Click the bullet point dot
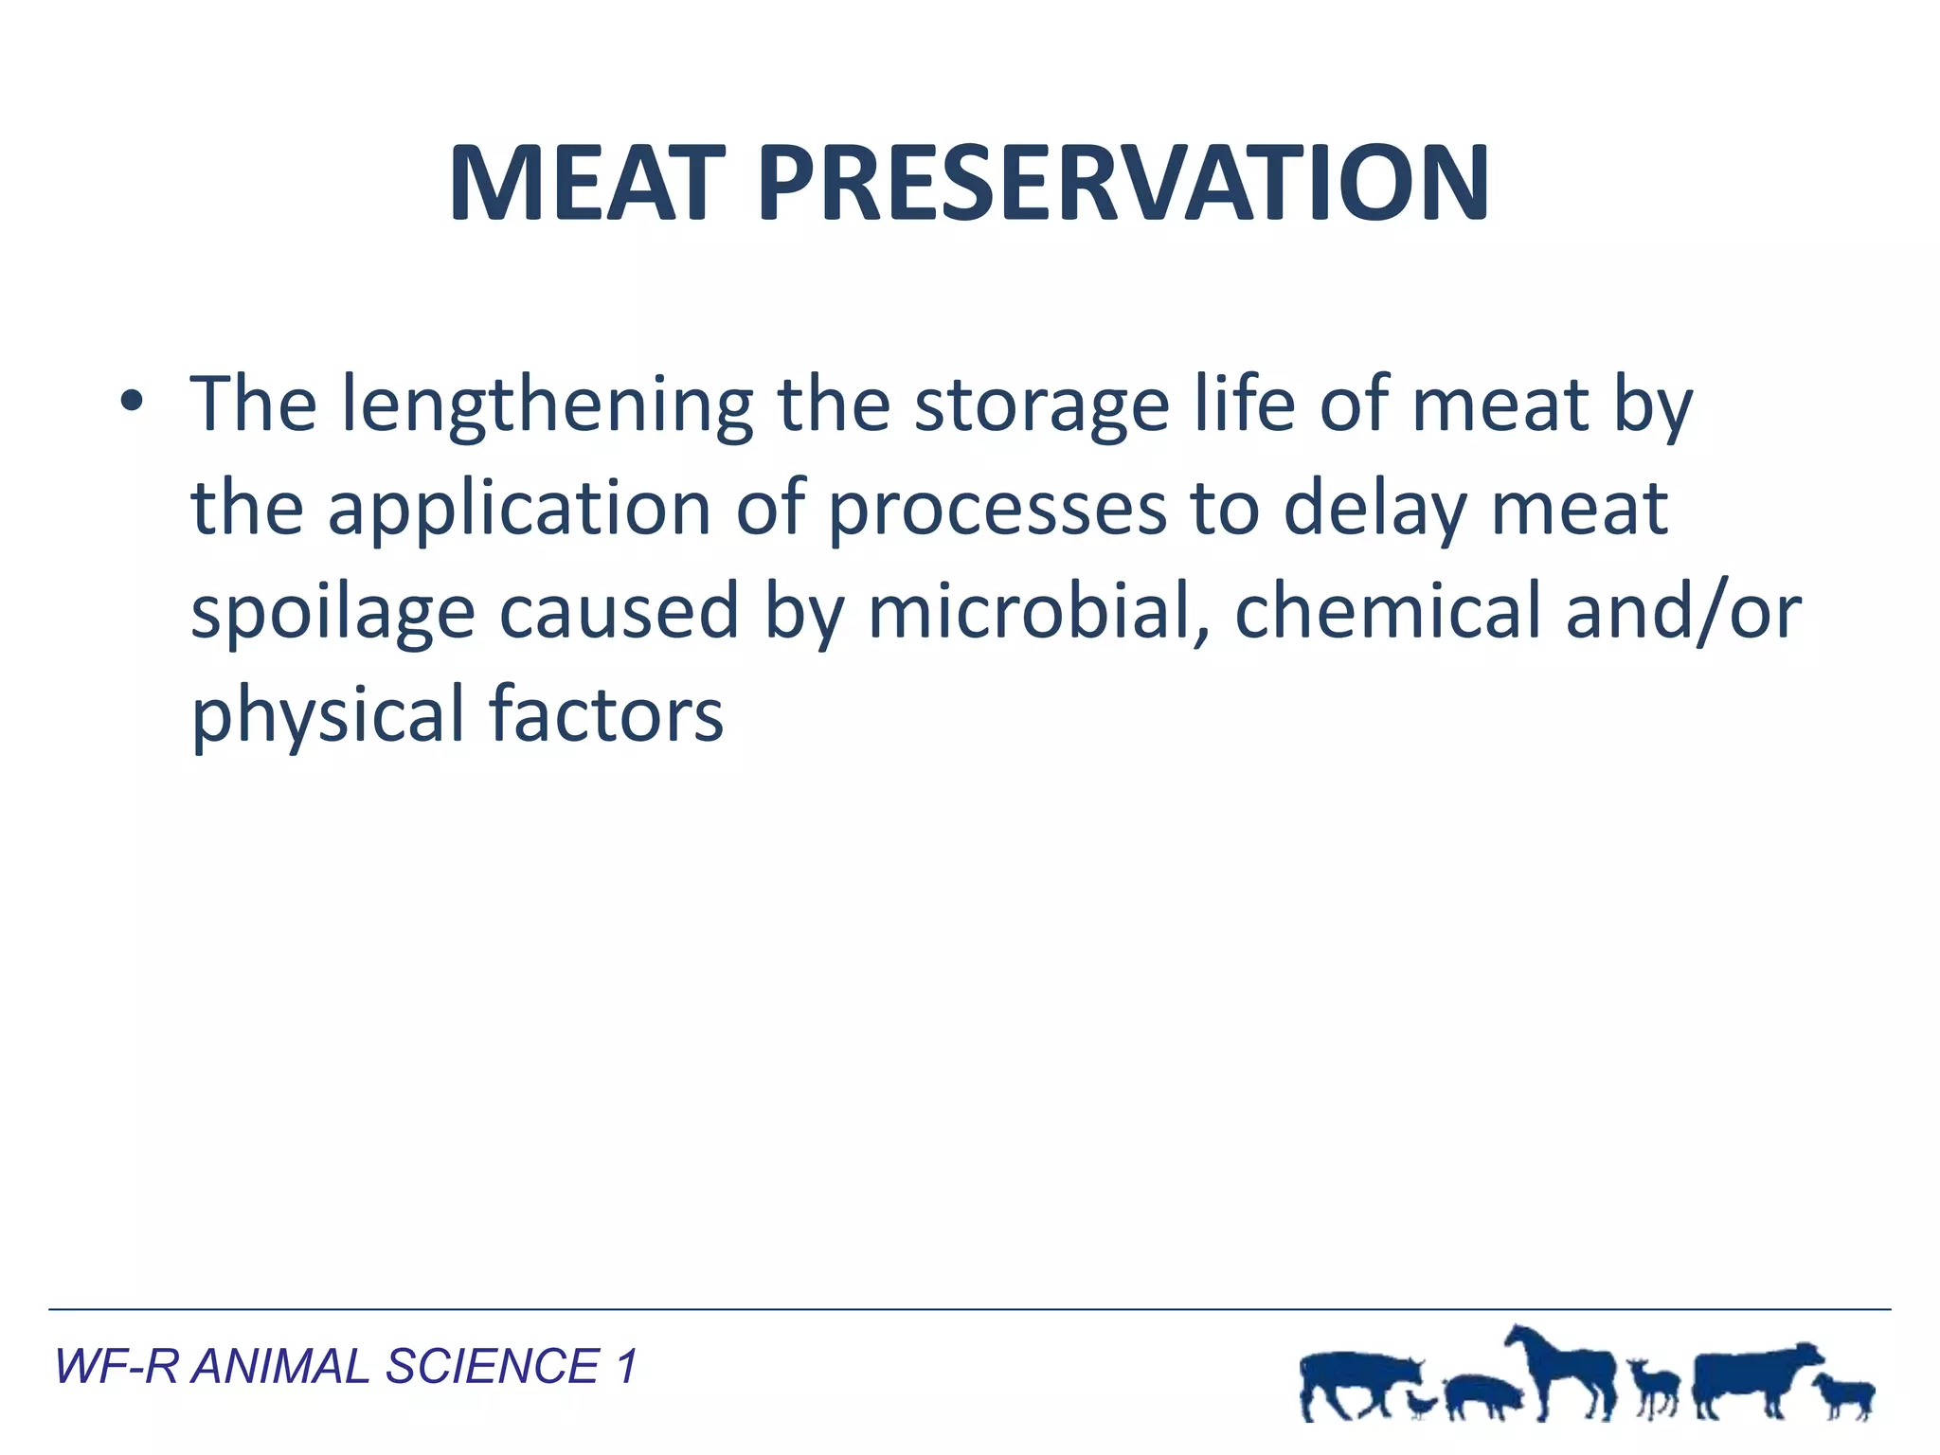click(x=132, y=404)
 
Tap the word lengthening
click(x=547, y=405)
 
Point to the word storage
click(x=1041, y=405)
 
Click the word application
click(x=519, y=509)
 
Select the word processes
click(x=997, y=509)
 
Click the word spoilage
click(x=332, y=613)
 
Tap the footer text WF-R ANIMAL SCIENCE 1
click(x=346, y=1367)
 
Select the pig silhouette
click(x=1482, y=1396)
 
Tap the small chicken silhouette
click(x=1420, y=1402)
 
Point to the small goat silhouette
click(x=1654, y=1388)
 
